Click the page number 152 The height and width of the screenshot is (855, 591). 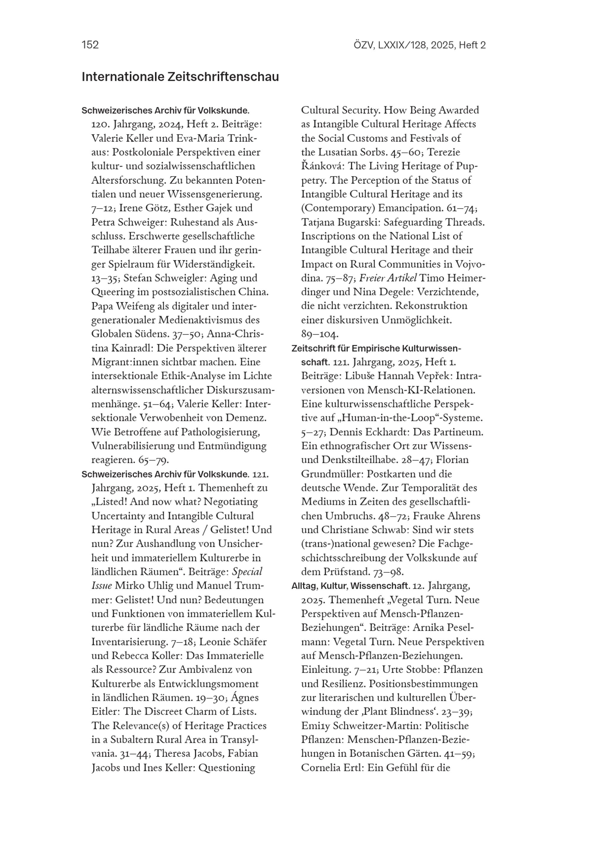pos(90,45)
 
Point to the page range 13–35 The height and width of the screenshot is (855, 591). pos(105,278)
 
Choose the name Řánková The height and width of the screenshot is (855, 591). pos(322,166)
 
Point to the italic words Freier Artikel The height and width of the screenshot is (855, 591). pos(388,278)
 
